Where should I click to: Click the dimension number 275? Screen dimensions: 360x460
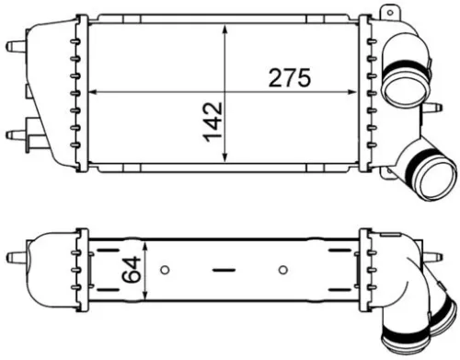point(289,78)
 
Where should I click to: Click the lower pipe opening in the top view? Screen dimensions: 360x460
point(432,176)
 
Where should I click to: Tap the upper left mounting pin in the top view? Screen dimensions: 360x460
point(13,45)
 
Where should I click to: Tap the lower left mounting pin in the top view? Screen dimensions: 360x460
point(13,135)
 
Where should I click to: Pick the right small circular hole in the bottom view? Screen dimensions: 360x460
point(283,271)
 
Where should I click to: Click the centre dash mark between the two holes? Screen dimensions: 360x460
point(224,271)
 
